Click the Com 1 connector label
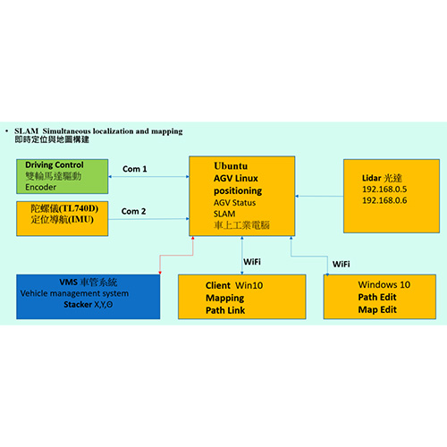tap(135, 169)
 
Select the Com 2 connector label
tap(133, 211)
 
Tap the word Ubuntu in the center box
tap(231, 166)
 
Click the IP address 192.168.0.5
tap(384, 190)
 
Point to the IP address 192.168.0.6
tap(384, 200)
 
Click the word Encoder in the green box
tap(41, 187)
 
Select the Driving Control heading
tap(55, 164)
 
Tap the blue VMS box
tap(89, 297)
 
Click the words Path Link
tap(225, 310)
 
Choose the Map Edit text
tap(377, 310)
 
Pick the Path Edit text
tap(377, 297)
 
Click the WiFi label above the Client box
tap(252, 262)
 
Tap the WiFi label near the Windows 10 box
tap(342, 265)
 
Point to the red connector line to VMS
tap(176, 256)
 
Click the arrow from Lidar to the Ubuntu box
tap(319, 196)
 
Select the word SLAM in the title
tap(27, 131)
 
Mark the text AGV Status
tap(234, 203)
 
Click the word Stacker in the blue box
tap(78, 305)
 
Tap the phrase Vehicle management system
tap(74, 293)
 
